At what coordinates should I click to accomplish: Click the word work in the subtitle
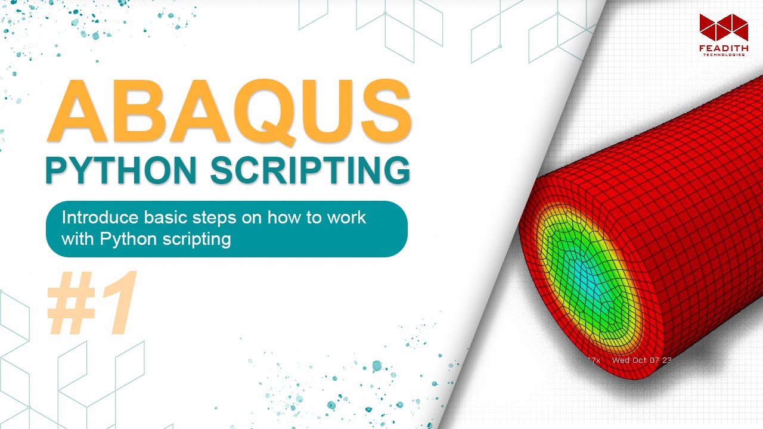tap(345, 217)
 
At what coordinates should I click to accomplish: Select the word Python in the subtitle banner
tap(124, 240)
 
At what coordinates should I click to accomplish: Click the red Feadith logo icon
tap(723, 27)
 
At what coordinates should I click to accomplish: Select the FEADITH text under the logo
tap(723, 47)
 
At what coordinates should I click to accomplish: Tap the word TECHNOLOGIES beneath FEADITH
tap(723, 55)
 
